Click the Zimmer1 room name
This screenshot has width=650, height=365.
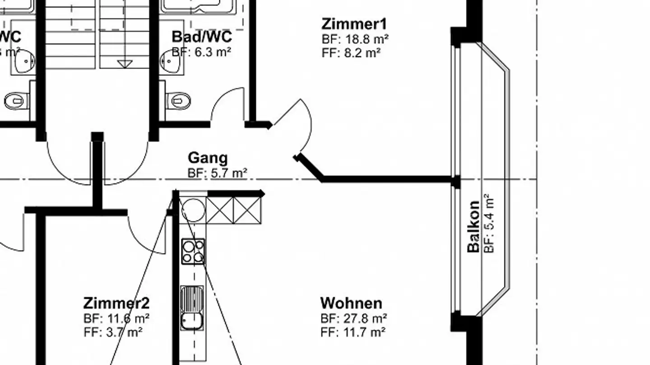tap(354, 23)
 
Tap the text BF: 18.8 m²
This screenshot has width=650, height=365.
tap(355, 39)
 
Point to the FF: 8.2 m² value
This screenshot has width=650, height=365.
tap(351, 53)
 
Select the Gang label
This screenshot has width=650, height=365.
tap(208, 158)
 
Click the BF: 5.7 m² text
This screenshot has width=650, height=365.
tap(217, 173)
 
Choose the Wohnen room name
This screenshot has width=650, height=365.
tap(351, 303)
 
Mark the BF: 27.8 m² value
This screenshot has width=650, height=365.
tap(353, 319)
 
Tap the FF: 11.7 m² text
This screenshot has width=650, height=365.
tap(353, 333)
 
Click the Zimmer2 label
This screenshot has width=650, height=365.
tap(116, 303)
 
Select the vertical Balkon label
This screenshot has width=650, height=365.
tap(473, 226)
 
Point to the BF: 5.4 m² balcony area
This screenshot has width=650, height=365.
tap(488, 223)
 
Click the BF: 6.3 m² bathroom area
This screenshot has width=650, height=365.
tap(201, 52)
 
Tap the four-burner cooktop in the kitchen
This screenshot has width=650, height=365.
tap(193, 251)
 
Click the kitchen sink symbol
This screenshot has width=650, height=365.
tap(192, 308)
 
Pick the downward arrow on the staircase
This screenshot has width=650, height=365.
tap(125, 64)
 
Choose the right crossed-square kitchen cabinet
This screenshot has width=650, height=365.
tap(247, 210)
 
